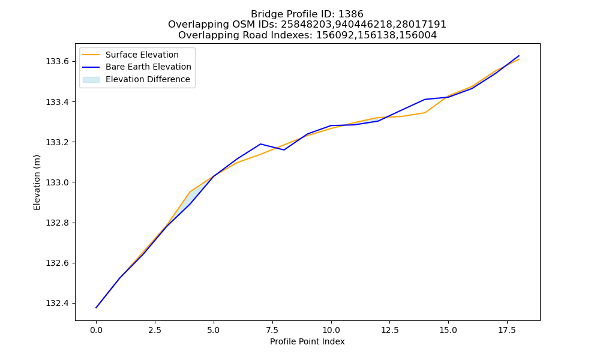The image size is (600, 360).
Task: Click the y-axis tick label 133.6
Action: click(57, 62)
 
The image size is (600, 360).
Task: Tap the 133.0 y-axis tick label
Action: click(57, 182)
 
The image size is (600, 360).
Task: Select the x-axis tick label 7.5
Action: click(272, 330)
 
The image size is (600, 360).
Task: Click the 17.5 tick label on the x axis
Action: click(507, 330)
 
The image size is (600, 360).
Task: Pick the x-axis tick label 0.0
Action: click(96, 330)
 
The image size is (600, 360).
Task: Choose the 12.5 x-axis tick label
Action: click(389, 330)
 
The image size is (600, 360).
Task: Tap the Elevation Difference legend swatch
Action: click(91, 80)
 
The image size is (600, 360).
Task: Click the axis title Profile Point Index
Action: click(307, 341)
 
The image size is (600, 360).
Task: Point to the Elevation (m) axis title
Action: click(37, 182)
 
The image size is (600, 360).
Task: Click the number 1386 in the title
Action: click(350, 14)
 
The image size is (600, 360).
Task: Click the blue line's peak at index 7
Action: click(260, 144)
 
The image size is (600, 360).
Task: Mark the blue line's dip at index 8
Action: click(284, 150)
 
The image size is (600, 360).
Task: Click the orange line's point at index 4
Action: click(190, 191)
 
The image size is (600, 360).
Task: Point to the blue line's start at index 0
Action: click(96, 308)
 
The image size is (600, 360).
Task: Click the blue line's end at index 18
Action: click(519, 56)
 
